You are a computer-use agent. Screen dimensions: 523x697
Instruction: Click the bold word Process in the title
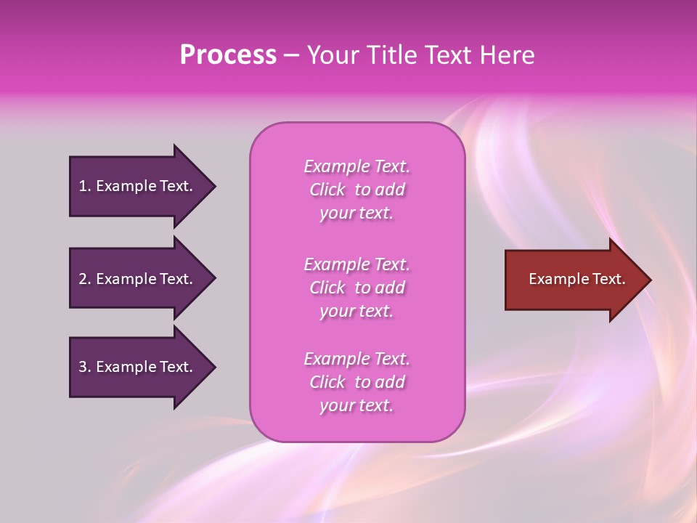pyautogui.click(x=228, y=55)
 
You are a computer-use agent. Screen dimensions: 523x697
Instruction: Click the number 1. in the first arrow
pyautogui.click(x=85, y=186)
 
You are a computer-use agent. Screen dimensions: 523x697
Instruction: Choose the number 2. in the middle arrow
pyautogui.click(x=85, y=279)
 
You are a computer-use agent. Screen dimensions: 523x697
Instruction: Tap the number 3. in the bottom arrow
pyautogui.click(x=85, y=367)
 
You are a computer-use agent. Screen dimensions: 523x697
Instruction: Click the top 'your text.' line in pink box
pyautogui.click(x=356, y=214)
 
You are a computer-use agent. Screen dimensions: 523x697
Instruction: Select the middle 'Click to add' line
pyautogui.click(x=356, y=288)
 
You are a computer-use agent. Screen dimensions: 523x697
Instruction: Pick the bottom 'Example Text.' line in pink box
pyautogui.click(x=356, y=359)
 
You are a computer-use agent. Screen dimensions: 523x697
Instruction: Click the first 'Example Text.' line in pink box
pyautogui.click(x=356, y=166)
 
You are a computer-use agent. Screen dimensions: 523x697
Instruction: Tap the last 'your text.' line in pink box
pyautogui.click(x=356, y=406)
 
